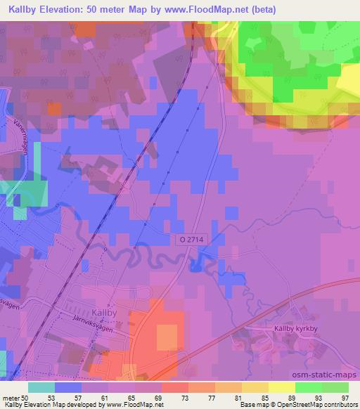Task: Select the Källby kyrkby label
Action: (x=297, y=328)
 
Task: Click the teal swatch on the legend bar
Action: (x=41, y=387)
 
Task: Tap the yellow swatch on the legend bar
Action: (x=282, y=387)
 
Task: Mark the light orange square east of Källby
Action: (x=167, y=336)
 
